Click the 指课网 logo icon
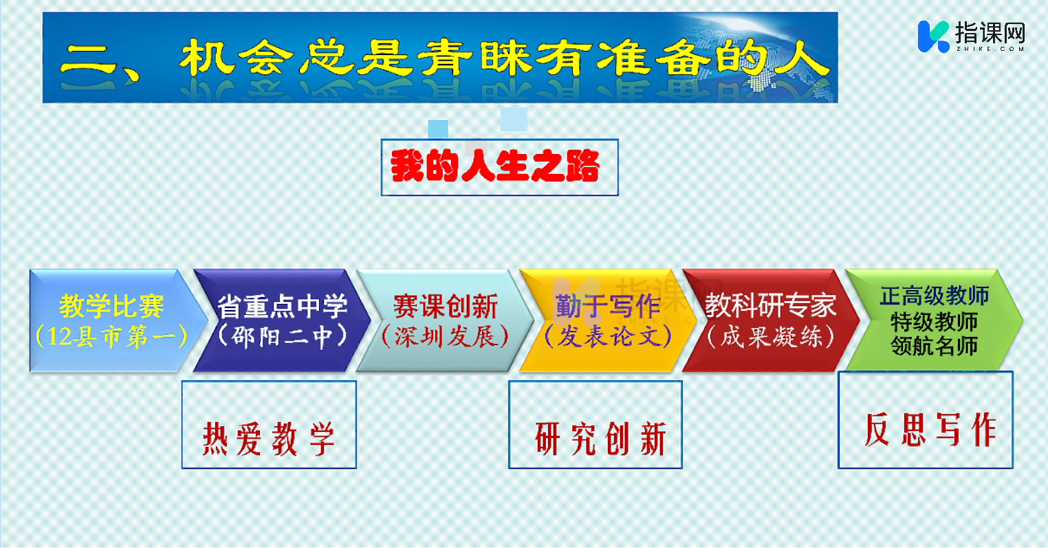[x=933, y=36]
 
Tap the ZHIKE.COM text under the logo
[x=990, y=49]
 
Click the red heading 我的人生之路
[x=495, y=166]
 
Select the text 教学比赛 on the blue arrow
[x=111, y=307]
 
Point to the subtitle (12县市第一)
[x=111, y=336]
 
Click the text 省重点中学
[x=282, y=307]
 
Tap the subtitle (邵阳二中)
[x=282, y=336]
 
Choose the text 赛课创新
[x=446, y=307]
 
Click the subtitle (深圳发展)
[x=446, y=336]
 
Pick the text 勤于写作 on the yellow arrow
[x=608, y=307]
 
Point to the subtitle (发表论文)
[x=608, y=336]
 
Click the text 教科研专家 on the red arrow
[x=771, y=307]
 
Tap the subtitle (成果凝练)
[x=771, y=336]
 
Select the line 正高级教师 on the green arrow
[x=935, y=296]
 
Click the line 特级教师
[x=935, y=322]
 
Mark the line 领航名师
[x=935, y=347]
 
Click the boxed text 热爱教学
[x=269, y=439]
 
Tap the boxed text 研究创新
[x=601, y=439]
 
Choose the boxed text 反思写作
[x=930, y=429]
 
